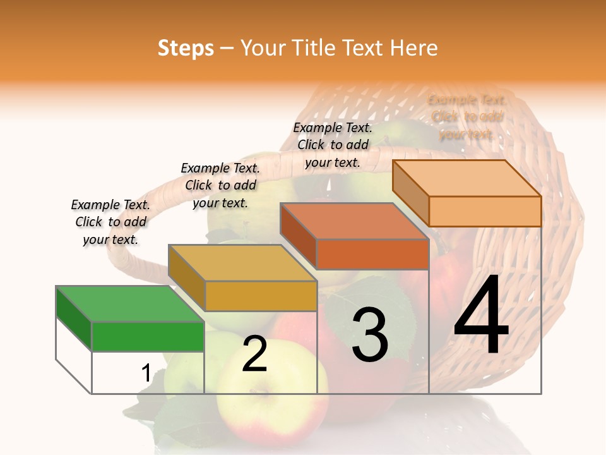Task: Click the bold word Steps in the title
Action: (186, 48)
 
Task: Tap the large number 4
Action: (481, 316)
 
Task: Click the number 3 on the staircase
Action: (370, 335)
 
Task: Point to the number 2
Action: (254, 355)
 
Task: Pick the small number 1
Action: (146, 373)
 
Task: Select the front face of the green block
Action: (148, 336)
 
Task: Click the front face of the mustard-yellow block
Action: (261, 296)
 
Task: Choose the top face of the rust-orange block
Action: (354, 221)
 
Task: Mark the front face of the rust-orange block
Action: (372, 254)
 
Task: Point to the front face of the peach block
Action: (485, 211)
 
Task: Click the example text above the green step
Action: (110, 222)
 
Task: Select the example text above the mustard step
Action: (220, 185)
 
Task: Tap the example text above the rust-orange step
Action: (333, 145)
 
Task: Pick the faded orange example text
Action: (466, 117)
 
